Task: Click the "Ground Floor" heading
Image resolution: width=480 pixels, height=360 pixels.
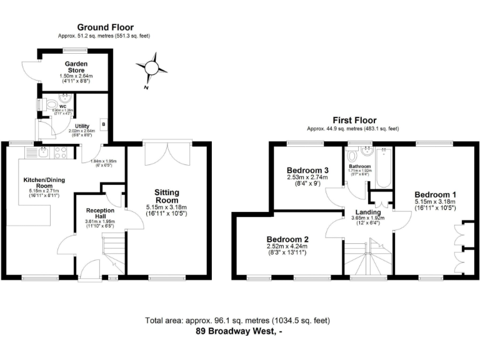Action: [x=105, y=27]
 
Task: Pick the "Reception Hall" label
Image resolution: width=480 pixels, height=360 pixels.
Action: [x=100, y=214]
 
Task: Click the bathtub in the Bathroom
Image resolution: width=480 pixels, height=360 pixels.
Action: [x=382, y=168]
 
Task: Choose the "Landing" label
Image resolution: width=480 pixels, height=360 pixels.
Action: [x=367, y=212]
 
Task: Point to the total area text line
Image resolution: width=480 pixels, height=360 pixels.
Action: [x=237, y=320]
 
